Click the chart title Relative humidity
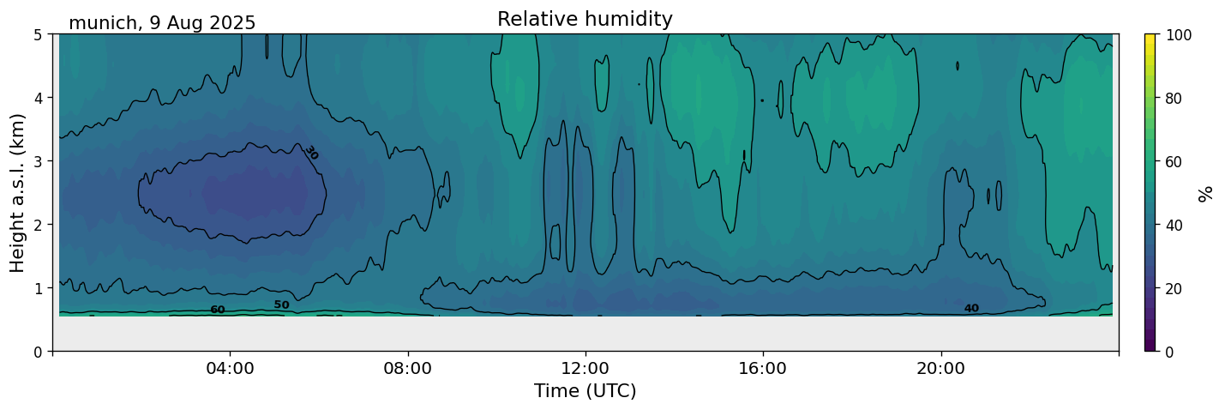[x=585, y=19]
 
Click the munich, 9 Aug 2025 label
[x=162, y=23]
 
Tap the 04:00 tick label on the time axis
[x=231, y=368]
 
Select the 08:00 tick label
[x=408, y=368]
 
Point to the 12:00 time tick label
[x=585, y=368]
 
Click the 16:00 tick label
[x=763, y=368]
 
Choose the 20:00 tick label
[x=940, y=368]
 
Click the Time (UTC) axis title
[x=585, y=391]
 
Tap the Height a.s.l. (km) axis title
[x=17, y=193]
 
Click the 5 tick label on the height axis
[x=39, y=35]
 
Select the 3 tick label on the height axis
[x=39, y=161]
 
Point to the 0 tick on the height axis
[x=39, y=352]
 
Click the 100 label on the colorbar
[x=1178, y=35]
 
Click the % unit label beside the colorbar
[x=1205, y=194]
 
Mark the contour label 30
[x=311, y=153]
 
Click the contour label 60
[x=218, y=310]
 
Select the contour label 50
[x=282, y=304]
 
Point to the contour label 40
[x=971, y=309]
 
